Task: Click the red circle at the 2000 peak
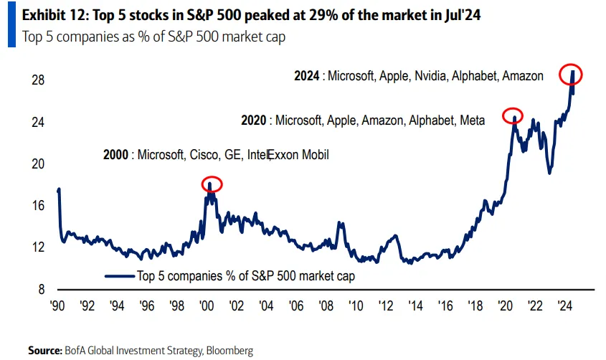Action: pyautogui.click(x=212, y=184)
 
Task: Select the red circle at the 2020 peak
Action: pyautogui.click(x=513, y=115)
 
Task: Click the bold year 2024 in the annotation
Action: pyautogui.click(x=308, y=75)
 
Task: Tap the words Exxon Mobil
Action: pyautogui.click(x=298, y=154)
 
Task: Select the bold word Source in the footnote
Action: pyautogui.click(x=44, y=350)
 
